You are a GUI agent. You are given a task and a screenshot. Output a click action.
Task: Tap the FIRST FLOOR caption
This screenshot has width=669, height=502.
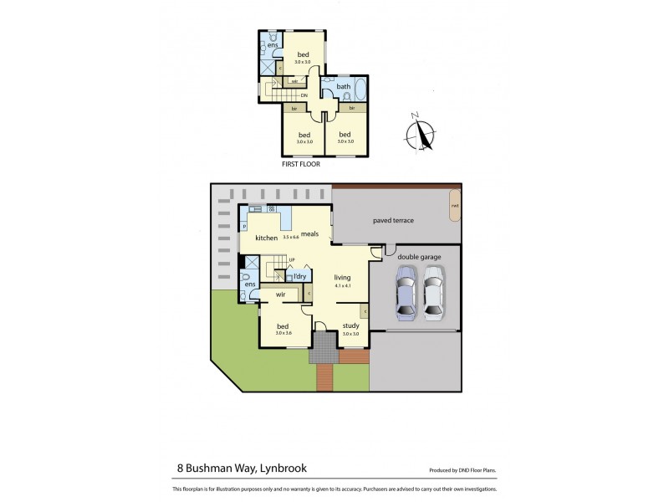(301, 164)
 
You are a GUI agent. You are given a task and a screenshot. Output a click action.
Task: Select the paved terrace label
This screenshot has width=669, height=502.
(393, 221)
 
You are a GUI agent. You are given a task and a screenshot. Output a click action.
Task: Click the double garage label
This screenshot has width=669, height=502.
(416, 257)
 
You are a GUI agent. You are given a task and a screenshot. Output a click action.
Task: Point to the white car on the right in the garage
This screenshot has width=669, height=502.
(432, 292)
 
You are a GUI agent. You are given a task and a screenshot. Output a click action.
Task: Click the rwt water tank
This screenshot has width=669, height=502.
(455, 206)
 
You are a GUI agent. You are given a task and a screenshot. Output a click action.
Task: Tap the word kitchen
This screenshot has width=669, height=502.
(266, 238)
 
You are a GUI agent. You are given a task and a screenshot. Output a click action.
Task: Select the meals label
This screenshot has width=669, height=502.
(311, 234)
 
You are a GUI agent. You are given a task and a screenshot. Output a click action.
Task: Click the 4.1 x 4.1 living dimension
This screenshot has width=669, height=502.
(342, 288)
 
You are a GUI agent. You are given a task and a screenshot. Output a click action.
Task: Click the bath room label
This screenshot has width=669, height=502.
(343, 87)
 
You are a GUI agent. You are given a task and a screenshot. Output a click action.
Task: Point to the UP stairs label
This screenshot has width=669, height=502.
(291, 260)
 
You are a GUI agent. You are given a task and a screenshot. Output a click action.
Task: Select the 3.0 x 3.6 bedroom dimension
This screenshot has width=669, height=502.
(283, 334)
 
